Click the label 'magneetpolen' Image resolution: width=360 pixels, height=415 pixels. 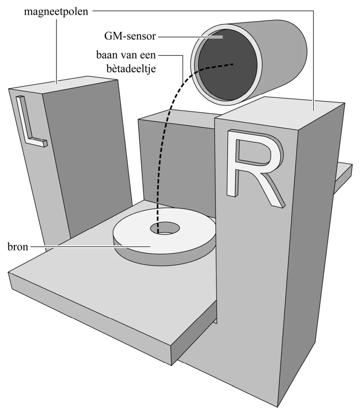[x=56, y=12]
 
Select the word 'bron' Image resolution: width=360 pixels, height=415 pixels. [x=18, y=247]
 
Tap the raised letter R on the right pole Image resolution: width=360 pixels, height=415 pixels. [x=255, y=168]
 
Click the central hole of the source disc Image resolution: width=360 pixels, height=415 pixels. [x=165, y=229]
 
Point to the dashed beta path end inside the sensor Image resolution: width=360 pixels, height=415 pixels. [x=233, y=64]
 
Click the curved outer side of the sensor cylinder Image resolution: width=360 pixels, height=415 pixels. [x=283, y=57]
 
